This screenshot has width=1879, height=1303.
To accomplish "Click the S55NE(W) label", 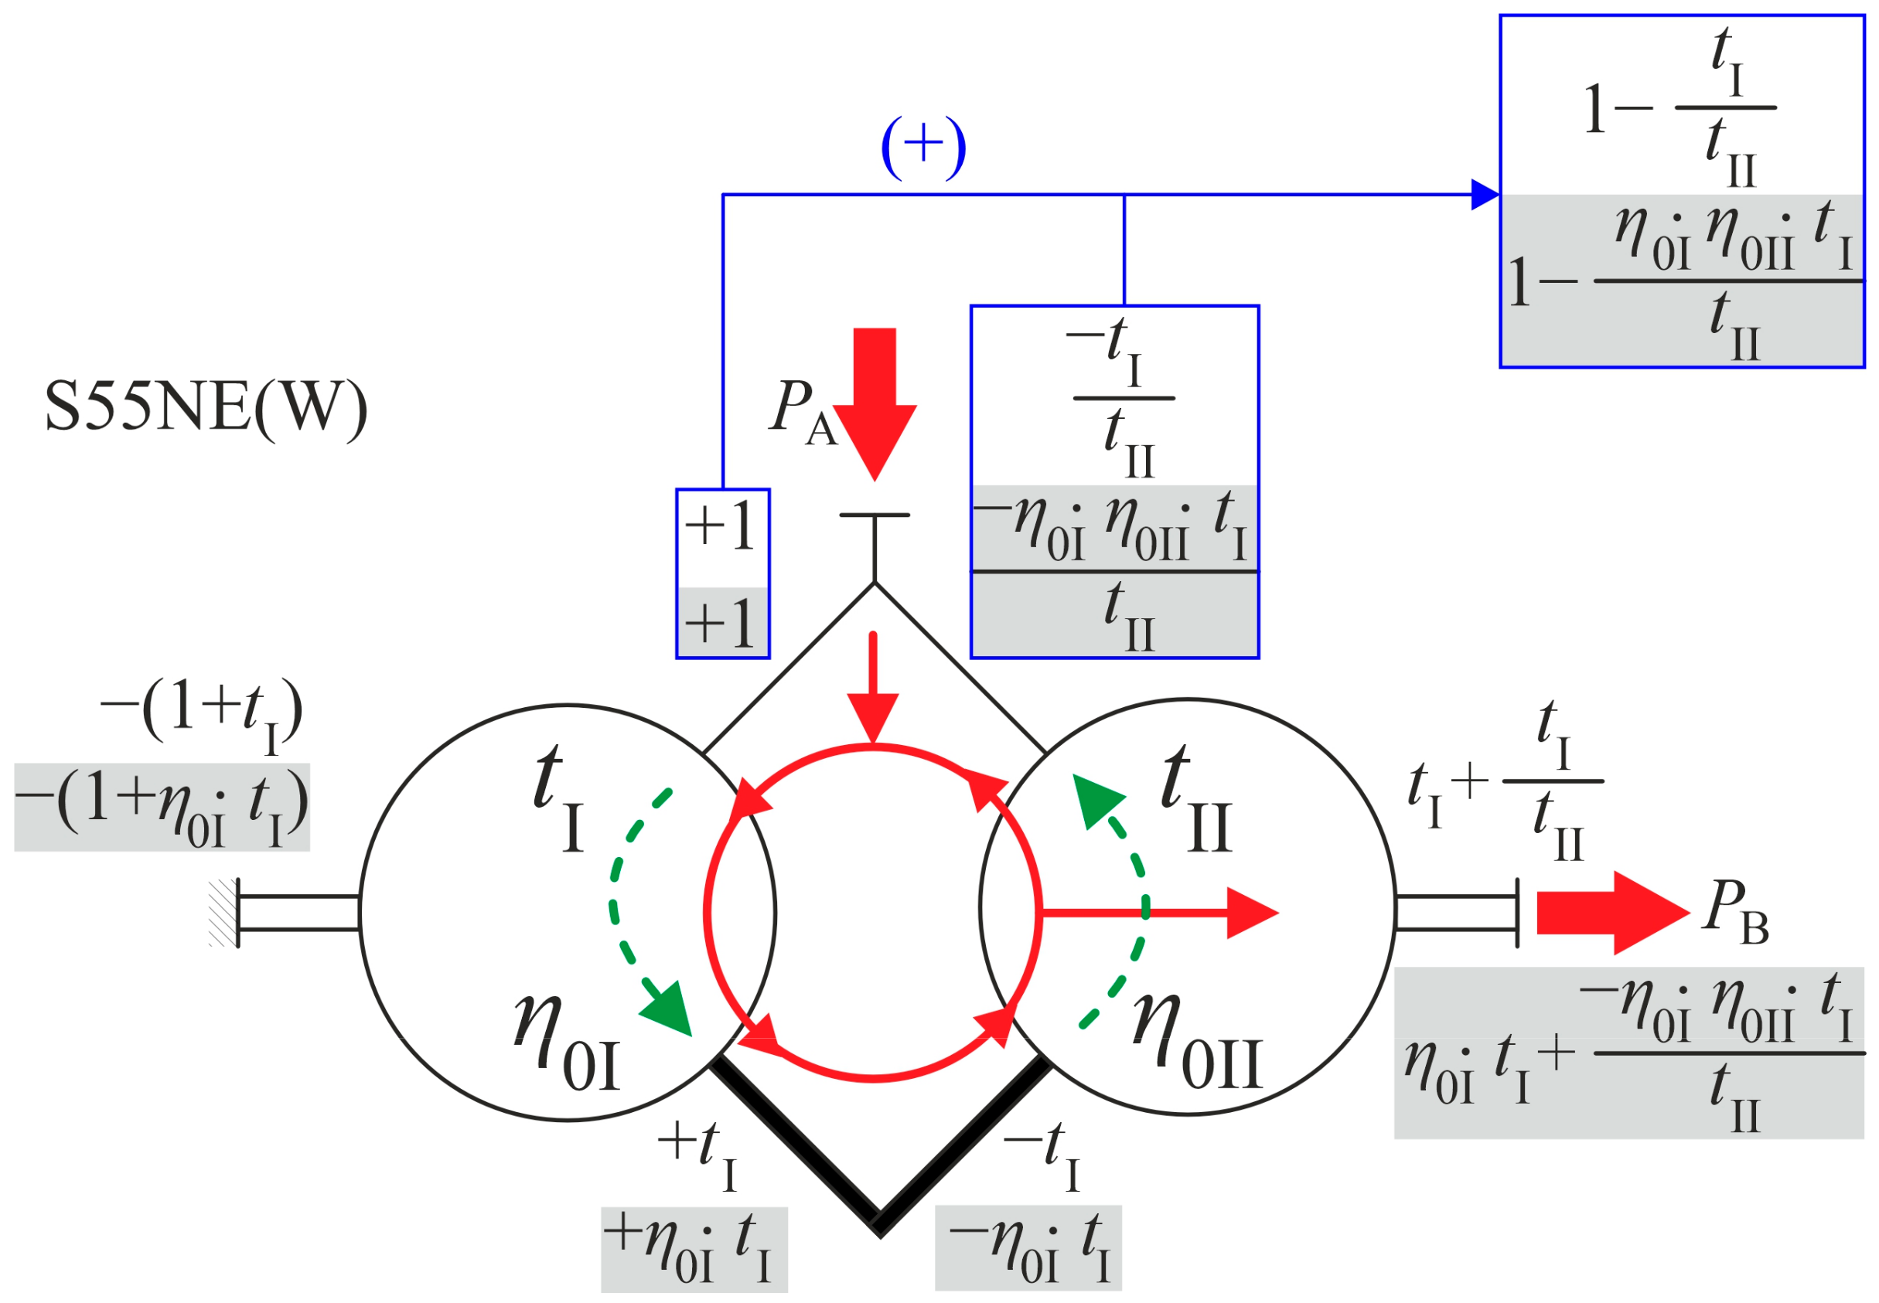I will (206, 408).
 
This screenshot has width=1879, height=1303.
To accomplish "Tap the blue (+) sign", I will (922, 148).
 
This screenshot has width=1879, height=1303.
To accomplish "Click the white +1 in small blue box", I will (721, 526).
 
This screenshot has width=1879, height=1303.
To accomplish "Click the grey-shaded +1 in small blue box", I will (721, 624).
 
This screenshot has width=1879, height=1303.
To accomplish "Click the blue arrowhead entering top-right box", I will (1485, 195).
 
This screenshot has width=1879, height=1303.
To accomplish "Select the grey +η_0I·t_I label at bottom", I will (694, 1250).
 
